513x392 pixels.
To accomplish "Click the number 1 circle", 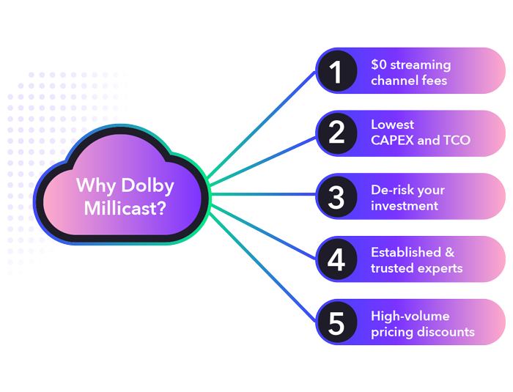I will tap(336, 71).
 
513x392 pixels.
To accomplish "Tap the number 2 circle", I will tap(336, 133).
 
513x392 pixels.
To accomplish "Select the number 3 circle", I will tap(336, 196).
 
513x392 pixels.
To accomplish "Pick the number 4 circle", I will tap(336, 259).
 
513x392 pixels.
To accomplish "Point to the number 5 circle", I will tap(336, 322).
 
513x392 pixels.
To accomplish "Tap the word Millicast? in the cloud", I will tap(124, 208).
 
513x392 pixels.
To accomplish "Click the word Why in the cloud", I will tap(94, 185).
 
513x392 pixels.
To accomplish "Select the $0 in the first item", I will tap(380, 64).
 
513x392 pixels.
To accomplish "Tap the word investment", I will tap(405, 206).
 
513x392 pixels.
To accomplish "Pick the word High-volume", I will tap(410, 316).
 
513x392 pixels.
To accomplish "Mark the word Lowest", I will tap(393, 125).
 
